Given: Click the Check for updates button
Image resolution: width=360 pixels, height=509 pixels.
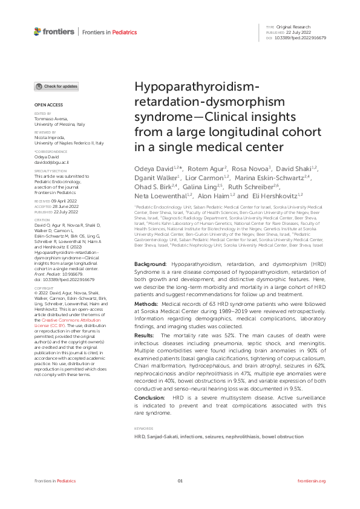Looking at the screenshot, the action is click(x=56, y=86).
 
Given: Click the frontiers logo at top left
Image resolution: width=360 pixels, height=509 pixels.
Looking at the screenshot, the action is click(x=54, y=31).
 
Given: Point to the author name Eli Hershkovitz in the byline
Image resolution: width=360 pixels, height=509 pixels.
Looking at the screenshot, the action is click(x=275, y=196).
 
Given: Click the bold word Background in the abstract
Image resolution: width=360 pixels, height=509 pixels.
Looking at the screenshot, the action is click(x=149, y=265).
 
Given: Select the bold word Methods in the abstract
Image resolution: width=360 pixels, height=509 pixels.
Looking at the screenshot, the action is click(x=146, y=303).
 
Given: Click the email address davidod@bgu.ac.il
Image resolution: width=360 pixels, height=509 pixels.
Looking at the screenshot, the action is click(x=52, y=163).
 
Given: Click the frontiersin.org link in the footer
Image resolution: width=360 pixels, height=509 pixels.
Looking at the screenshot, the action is click(x=312, y=481).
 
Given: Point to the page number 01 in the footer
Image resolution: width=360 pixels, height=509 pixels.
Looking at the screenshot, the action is click(x=180, y=481).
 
